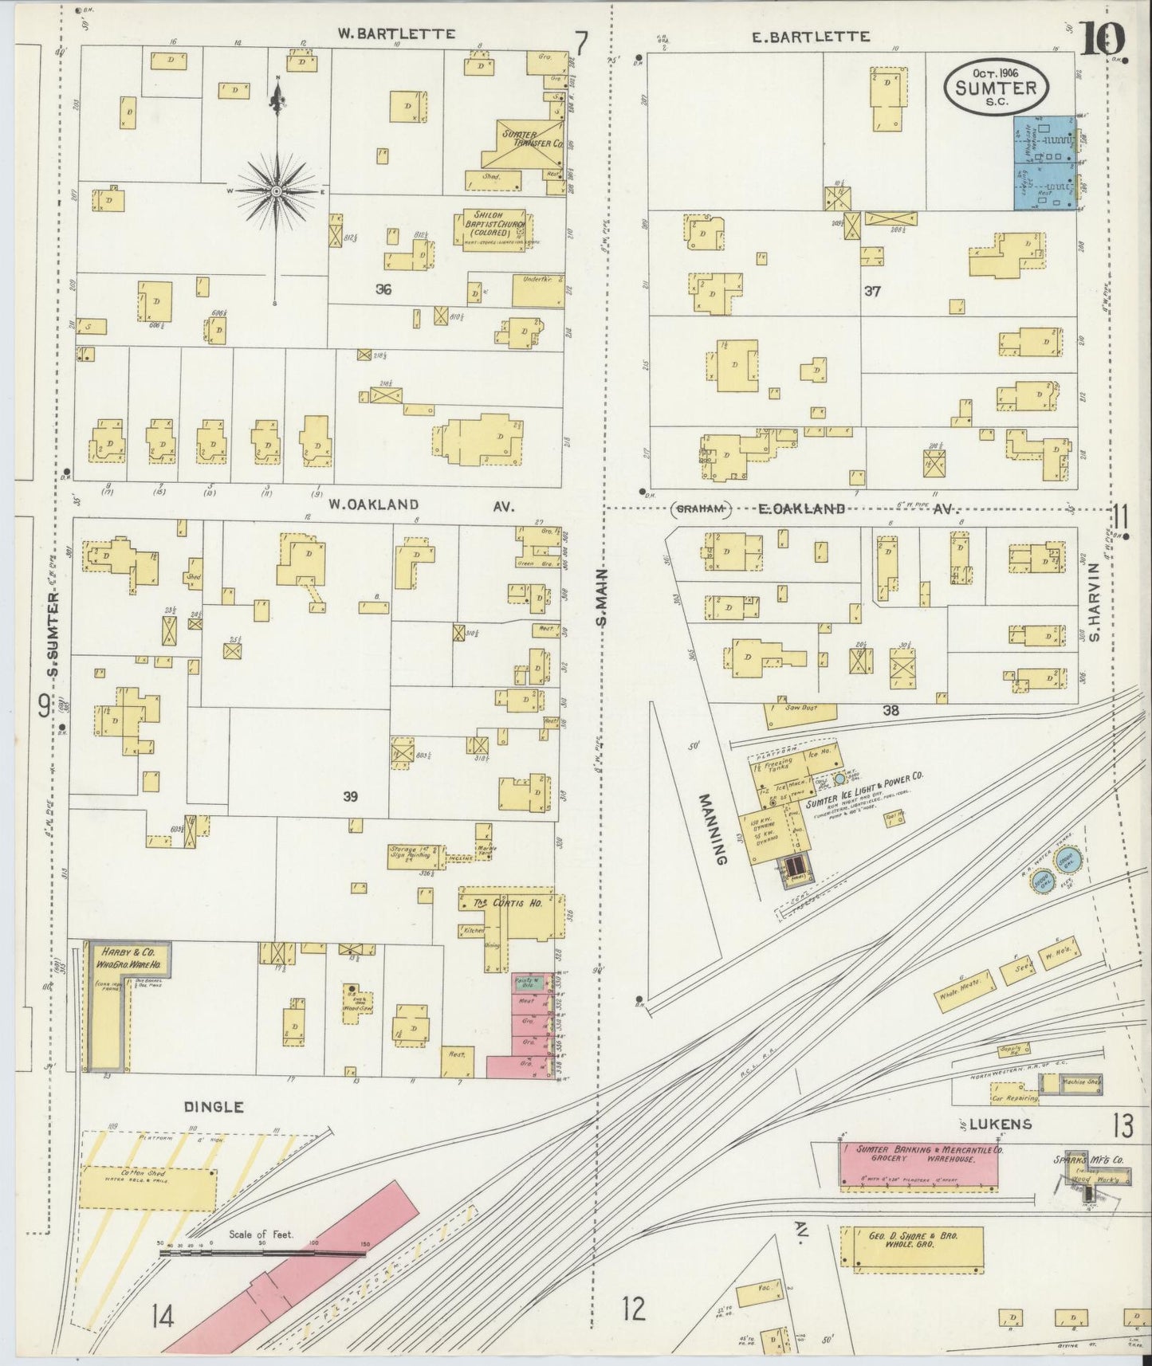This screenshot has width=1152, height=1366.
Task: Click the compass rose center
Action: (x=276, y=192)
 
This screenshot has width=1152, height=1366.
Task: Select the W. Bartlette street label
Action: (x=395, y=34)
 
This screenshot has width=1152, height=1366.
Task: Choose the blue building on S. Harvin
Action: (x=1044, y=163)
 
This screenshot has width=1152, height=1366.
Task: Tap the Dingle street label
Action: (x=214, y=1107)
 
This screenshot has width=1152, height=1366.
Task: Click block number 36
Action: (x=383, y=290)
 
